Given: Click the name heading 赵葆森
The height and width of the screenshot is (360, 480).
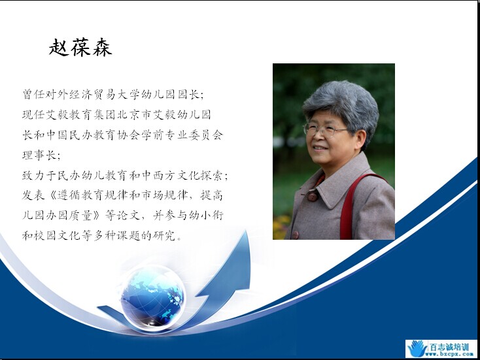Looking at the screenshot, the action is point(80,47).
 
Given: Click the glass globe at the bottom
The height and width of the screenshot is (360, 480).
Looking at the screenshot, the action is point(152,297).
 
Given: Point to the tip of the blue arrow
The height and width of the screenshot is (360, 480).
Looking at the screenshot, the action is point(247,231).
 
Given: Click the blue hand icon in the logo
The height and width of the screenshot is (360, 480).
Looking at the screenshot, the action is point(417,348).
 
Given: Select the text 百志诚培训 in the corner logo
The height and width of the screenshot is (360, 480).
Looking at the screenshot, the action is point(449,347).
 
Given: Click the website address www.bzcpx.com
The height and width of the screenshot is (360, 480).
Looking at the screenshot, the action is point(449,354).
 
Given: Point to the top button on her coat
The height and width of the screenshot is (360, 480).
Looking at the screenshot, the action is point(312,196).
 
